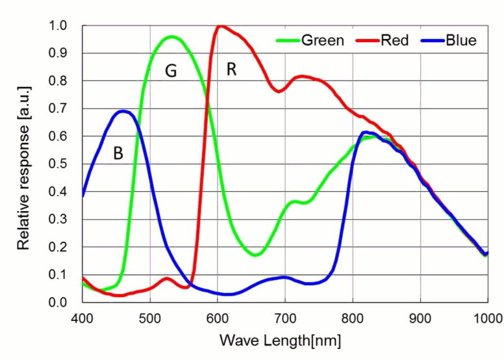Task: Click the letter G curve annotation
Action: (171, 71)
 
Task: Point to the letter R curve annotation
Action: (231, 70)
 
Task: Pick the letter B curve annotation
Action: (118, 154)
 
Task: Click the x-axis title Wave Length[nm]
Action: (280, 340)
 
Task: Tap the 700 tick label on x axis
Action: (285, 318)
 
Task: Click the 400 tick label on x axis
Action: (82, 318)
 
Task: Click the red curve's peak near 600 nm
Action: (220, 26)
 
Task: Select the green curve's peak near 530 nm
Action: (171, 36)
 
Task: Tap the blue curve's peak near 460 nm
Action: (123, 111)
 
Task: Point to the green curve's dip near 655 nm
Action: (255, 255)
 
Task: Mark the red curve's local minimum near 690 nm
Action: (279, 92)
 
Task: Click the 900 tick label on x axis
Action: (420, 318)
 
